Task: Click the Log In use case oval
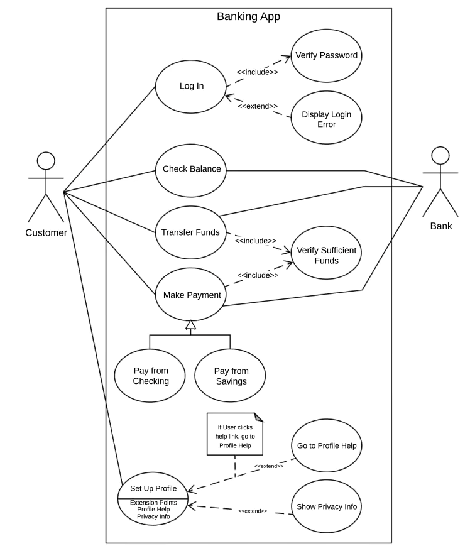click(x=191, y=87)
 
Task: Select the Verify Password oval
click(x=326, y=56)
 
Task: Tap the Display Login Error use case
click(x=326, y=117)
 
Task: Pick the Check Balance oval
click(x=191, y=171)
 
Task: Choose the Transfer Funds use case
click(x=191, y=232)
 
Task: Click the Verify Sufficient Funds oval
click(x=326, y=253)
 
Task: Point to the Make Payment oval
click(x=191, y=294)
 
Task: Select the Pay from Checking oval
click(x=150, y=375)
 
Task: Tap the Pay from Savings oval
click(x=230, y=375)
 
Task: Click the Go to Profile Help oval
click(x=327, y=445)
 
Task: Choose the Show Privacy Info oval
click(x=327, y=506)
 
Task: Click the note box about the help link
click(x=235, y=434)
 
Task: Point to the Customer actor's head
click(x=46, y=161)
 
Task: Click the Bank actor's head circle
click(x=440, y=156)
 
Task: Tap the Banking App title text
click(x=249, y=17)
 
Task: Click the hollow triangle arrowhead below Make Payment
click(x=191, y=325)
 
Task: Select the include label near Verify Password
click(x=257, y=72)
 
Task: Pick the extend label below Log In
click(x=258, y=106)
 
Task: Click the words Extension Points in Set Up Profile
click(x=153, y=503)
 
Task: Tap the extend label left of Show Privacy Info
click(x=253, y=511)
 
